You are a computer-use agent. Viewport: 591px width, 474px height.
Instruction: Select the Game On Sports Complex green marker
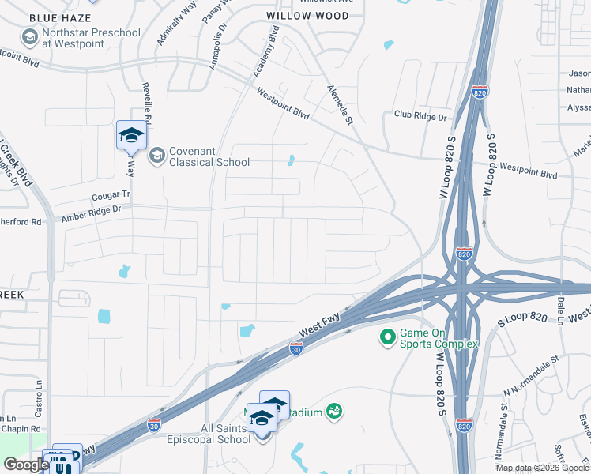click(387, 337)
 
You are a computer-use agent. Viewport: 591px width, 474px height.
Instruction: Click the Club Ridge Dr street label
click(420, 116)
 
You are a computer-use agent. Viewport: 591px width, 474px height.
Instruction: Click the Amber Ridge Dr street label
click(91, 209)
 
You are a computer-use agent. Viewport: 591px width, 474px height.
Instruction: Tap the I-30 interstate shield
click(295, 348)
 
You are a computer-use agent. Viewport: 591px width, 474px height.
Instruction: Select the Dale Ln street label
click(560, 307)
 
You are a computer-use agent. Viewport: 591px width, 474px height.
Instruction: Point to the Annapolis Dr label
click(218, 47)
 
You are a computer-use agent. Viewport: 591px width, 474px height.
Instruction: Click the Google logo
click(26, 465)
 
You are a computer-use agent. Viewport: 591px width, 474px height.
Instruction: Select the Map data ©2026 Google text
click(541, 468)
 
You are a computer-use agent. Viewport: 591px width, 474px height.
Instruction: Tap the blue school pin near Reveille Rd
click(131, 135)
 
